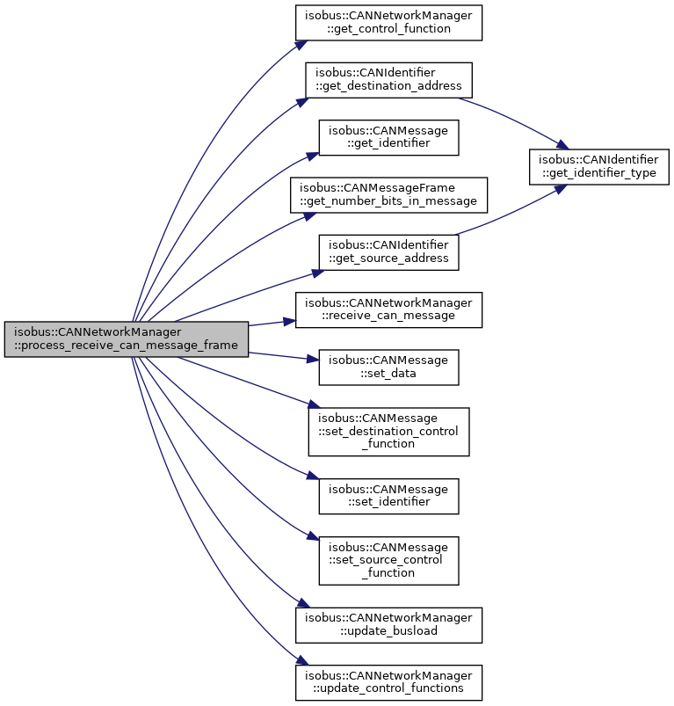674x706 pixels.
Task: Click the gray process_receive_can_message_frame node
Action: click(126, 339)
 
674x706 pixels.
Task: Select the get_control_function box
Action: click(388, 23)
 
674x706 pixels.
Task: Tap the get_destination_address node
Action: click(388, 80)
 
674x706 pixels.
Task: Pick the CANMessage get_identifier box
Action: click(388, 137)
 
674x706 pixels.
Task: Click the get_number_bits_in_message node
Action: click(388, 195)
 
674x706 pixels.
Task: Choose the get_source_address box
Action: click(388, 252)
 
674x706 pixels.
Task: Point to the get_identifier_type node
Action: click(598, 166)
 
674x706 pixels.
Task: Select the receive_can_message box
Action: click(388, 309)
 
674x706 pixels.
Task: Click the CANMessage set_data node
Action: click(388, 367)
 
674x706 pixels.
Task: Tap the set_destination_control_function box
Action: click(388, 432)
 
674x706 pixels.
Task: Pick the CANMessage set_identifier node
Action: click(388, 496)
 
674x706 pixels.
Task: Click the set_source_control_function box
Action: click(388, 561)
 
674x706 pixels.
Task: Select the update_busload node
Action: click(388, 625)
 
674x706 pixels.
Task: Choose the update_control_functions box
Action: click(388, 682)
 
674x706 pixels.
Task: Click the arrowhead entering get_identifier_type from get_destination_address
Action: click(562, 145)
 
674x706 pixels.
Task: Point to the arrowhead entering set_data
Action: click(313, 359)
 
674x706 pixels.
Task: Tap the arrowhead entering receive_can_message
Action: click(290, 322)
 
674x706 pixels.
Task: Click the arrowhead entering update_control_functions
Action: click(302, 660)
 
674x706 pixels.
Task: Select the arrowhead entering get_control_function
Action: click(301, 46)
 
